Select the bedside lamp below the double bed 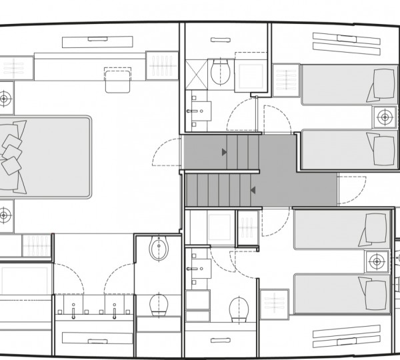(x=5, y=215)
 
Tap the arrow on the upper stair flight (x=225, y=152)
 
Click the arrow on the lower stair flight (x=253, y=191)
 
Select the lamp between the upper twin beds (x=383, y=117)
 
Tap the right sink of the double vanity (x=116, y=311)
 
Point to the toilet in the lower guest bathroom (x=238, y=309)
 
